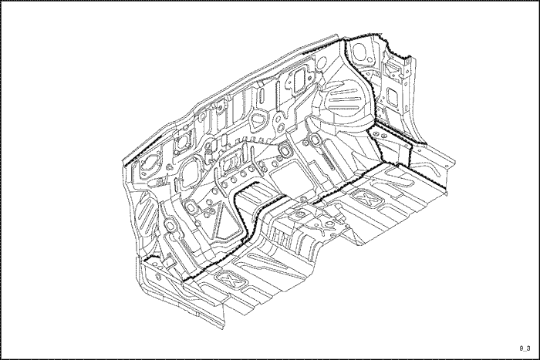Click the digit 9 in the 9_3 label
pyautogui.click(x=521, y=348)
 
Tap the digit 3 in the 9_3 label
pyautogui.click(x=528, y=348)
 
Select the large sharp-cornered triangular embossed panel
pyautogui.click(x=227, y=221)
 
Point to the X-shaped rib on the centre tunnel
pyautogui.click(x=325, y=227)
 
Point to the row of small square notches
pyautogui.click(x=254, y=140)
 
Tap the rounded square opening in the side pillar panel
pyautogui.click(x=392, y=96)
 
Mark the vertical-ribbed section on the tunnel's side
pyautogui.click(x=279, y=237)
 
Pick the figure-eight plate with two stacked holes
pyautogui.click(x=279, y=122)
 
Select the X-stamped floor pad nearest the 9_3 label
pyautogui.click(x=367, y=198)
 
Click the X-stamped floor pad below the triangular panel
pyautogui.click(x=231, y=280)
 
